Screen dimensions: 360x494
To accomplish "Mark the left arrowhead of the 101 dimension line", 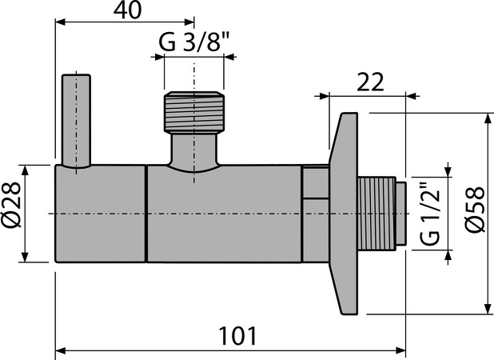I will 59,348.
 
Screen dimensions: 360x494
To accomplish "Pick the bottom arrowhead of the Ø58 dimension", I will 485,309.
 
